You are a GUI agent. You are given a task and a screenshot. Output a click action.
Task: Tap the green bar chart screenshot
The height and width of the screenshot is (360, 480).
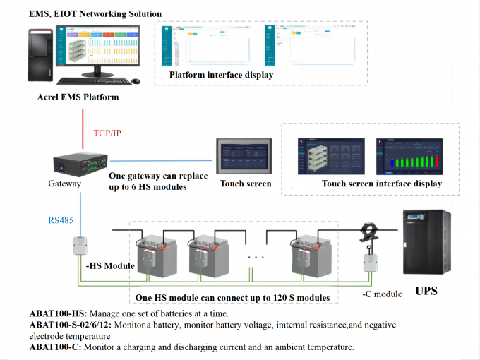click(410, 157)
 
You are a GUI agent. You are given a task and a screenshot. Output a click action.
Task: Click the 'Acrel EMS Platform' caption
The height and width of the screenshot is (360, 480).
click(78, 97)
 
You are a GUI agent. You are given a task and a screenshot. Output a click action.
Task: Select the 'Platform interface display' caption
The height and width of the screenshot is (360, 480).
click(221, 75)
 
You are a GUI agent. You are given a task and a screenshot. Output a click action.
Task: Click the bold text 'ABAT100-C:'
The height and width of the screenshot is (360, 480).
click(55, 347)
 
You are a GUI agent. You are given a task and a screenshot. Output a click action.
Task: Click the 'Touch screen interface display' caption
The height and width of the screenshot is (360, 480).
click(381, 184)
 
